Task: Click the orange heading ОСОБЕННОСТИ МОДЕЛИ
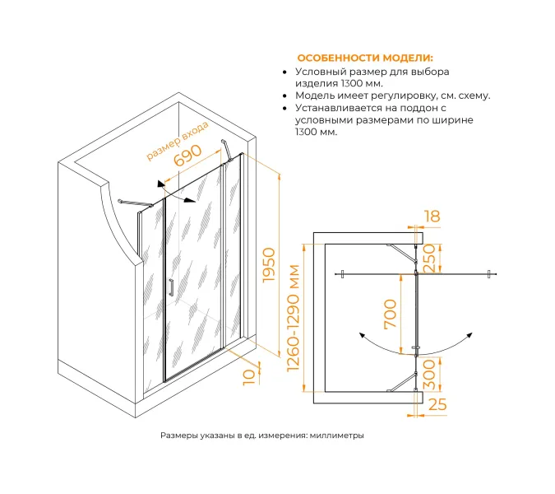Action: [363, 58]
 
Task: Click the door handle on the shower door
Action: [170, 288]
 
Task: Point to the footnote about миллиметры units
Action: [261, 436]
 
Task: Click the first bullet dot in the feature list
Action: [284, 72]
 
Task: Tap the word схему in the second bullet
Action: [469, 96]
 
